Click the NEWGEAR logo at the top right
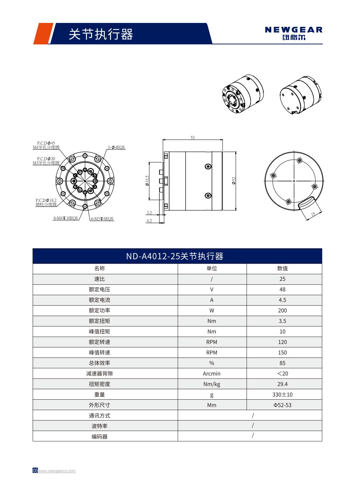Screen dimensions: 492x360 pos(293,33)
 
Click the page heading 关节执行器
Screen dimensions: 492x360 pos(101,34)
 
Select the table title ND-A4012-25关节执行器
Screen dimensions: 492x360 pos(175,256)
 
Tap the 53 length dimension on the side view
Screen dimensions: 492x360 pos(193,138)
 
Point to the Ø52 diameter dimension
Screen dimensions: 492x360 pos(234,181)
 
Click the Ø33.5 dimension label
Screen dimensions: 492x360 pos(147,181)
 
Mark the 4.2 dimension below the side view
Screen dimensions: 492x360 pos(149,221)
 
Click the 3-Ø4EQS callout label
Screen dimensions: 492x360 pos(116,147)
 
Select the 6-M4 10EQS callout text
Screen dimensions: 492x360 pos(65,218)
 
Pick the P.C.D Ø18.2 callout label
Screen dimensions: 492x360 pos(46,203)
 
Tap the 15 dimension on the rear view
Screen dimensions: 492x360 pos(312,214)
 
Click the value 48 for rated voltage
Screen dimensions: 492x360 pos(282,289)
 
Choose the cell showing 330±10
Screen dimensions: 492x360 pos(282,395)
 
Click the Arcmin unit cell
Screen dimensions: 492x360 pos(211,374)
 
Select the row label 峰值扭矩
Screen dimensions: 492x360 pos(99,332)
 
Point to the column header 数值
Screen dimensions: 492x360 pos(282,268)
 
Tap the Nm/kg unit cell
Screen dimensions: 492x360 pos(211,384)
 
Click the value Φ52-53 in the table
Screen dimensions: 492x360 pos(282,405)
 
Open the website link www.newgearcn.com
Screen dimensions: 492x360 pos(57,471)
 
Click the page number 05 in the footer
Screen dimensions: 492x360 pos(35,471)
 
